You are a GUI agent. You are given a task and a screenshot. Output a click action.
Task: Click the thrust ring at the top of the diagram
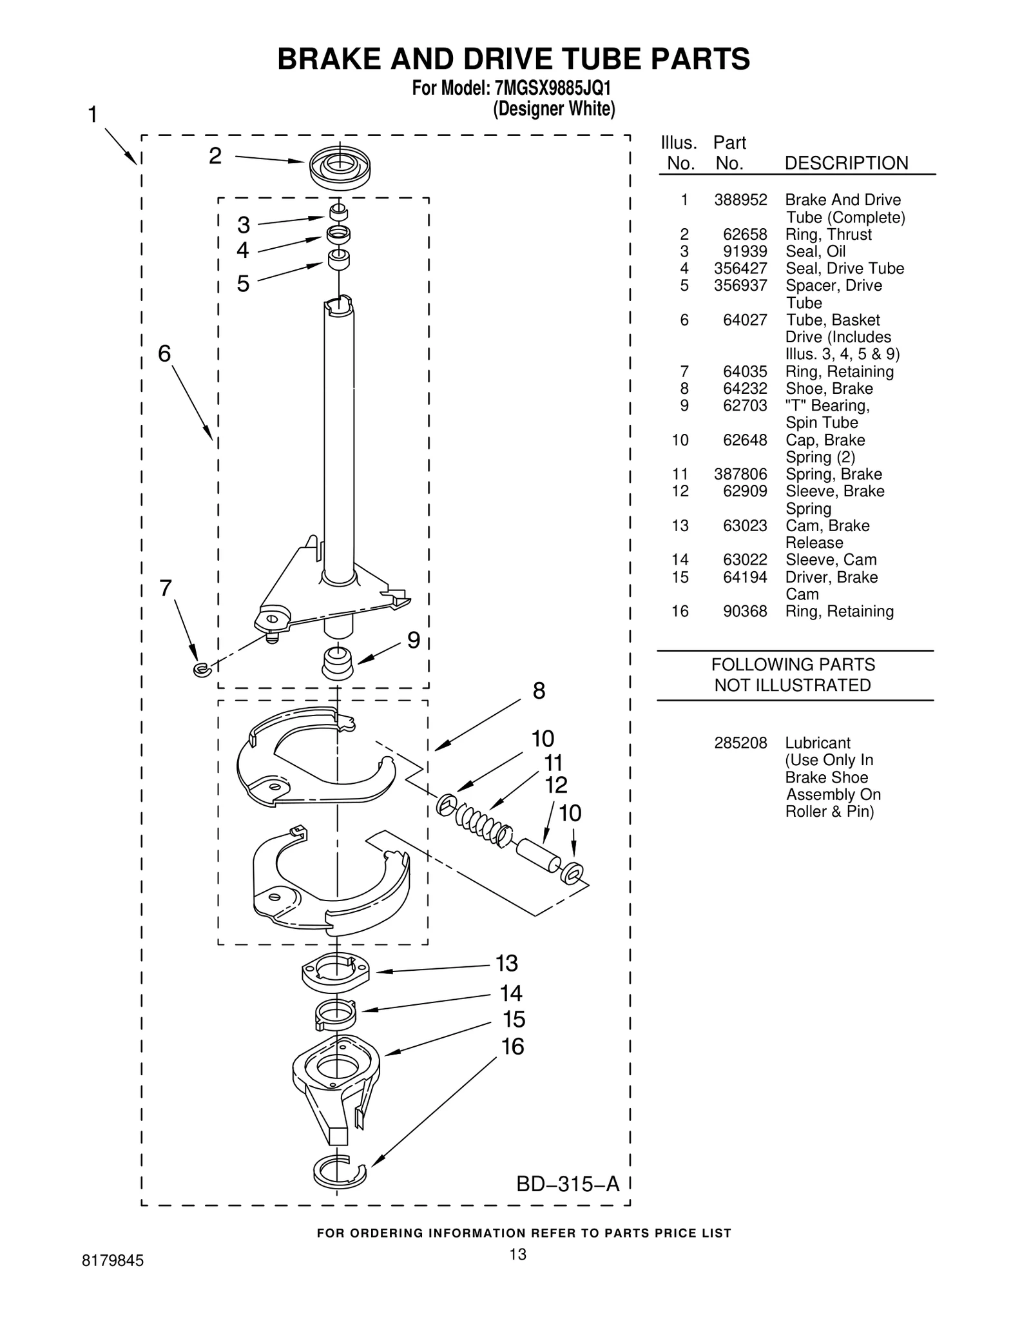coord(340,168)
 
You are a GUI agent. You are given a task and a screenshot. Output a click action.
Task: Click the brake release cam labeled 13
coord(335,972)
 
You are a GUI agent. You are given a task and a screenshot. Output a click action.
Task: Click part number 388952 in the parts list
coord(740,200)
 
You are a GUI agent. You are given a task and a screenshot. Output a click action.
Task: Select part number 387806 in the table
coord(740,474)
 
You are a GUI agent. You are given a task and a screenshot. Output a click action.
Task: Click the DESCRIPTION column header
coord(845,163)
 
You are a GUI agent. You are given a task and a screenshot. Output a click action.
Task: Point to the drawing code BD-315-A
coord(567,1184)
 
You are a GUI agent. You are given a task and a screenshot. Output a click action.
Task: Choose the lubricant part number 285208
coord(740,743)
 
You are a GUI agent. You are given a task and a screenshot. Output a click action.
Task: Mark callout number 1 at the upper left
coord(93,115)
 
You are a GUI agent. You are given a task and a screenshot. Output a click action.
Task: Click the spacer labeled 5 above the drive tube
coord(339,259)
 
